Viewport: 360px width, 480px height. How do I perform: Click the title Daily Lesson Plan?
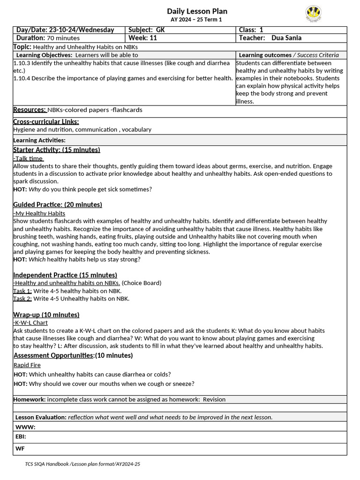[x=197, y=11]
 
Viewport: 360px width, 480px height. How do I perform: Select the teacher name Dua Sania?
[x=286, y=38]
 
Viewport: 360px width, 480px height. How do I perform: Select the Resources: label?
[x=30, y=110]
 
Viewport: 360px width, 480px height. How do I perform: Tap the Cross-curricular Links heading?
[x=46, y=122]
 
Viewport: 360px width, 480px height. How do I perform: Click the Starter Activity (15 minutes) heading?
[x=56, y=150]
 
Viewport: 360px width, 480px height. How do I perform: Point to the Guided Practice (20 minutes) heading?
[x=57, y=205]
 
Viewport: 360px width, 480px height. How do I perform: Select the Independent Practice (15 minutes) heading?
[x=65, y=275]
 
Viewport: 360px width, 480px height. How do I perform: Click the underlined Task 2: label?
[x=22, y=299]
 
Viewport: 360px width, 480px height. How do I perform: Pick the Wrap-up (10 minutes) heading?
[x=46, y=315]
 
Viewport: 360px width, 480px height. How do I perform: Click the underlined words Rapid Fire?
[x=27, y=365]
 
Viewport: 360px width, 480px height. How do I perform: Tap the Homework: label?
[x=29, y=399]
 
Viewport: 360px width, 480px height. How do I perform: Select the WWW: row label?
[x=25, y=427]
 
